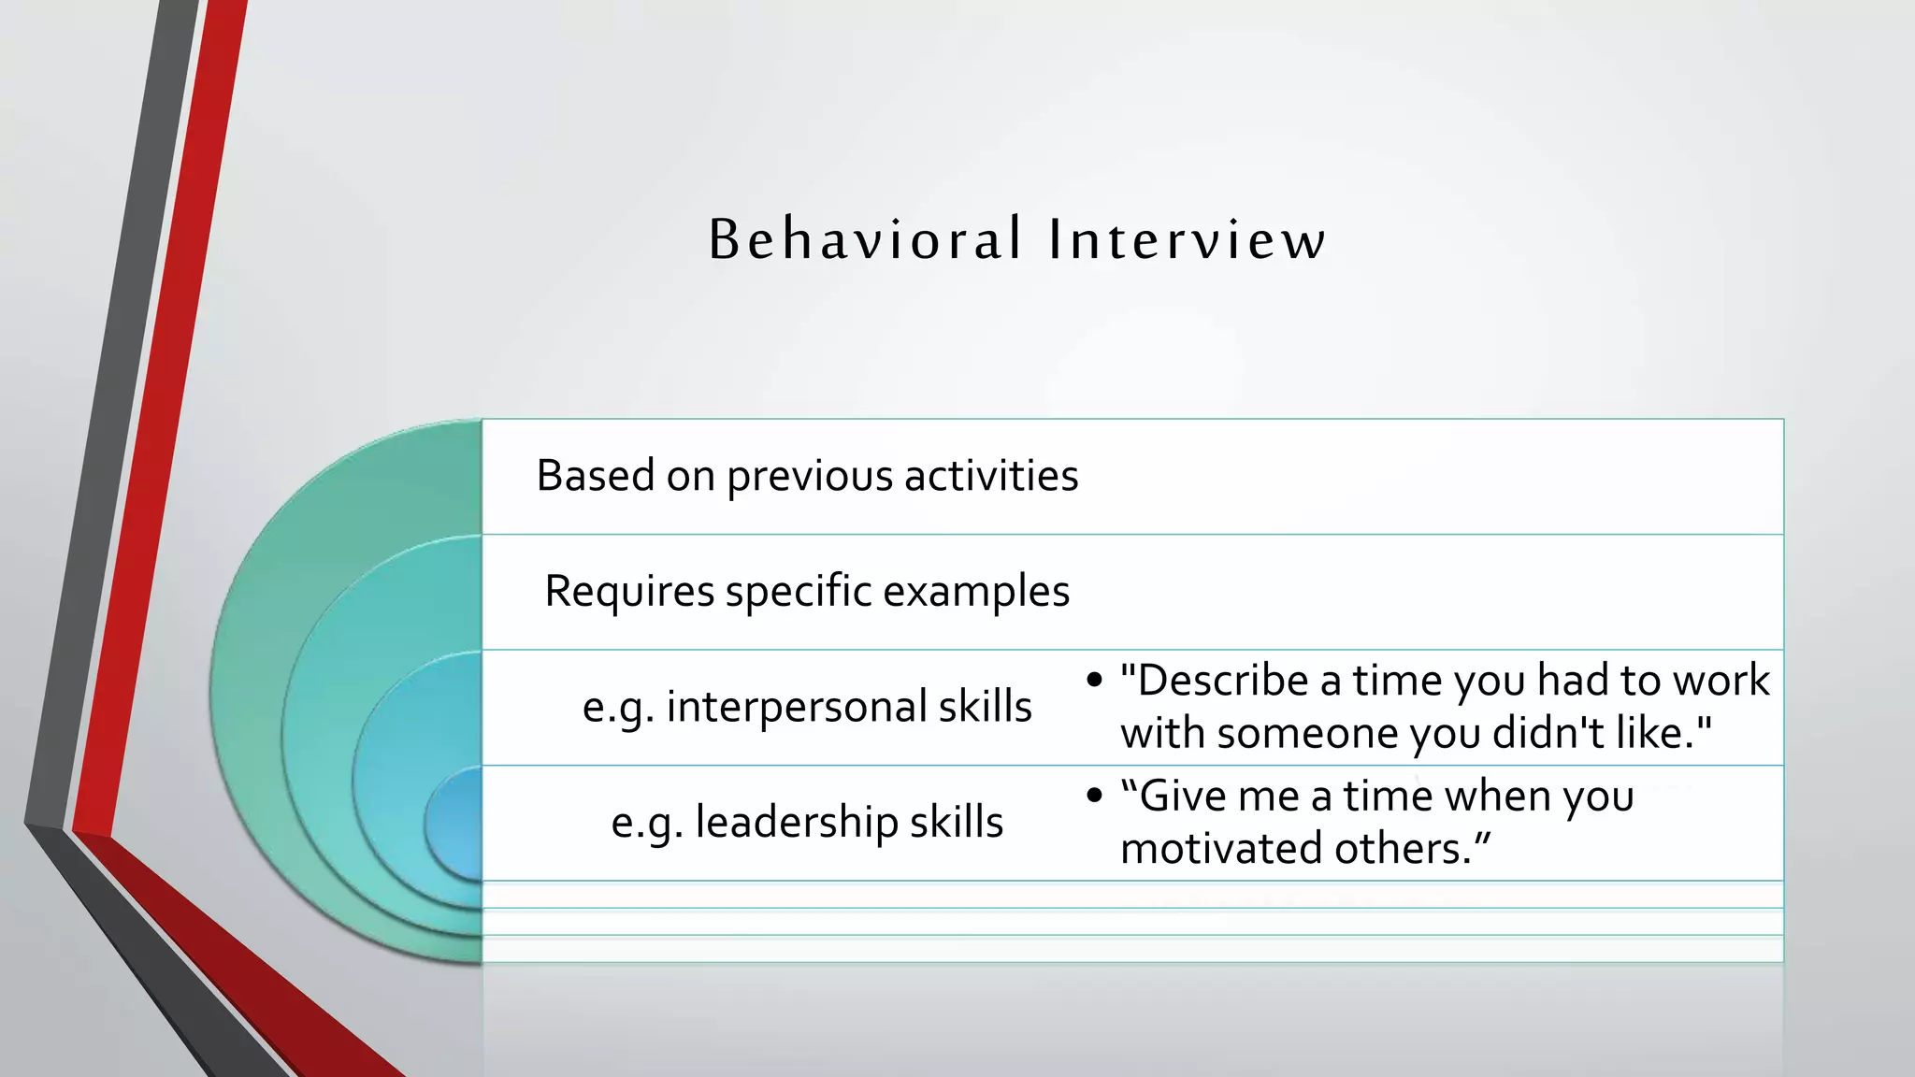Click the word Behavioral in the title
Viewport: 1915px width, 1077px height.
[x=865, y=239]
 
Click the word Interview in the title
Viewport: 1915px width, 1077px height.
[x=1186, y=239]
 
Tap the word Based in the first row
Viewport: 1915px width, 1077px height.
[x=595, y=476]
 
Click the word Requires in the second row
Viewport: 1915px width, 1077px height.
[x=629, y=592]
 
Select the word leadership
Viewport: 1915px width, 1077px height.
[x=796, y=823]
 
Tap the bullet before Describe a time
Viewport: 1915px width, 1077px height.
[x=1095, y=681]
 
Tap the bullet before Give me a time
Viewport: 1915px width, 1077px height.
[x=1095, y=797]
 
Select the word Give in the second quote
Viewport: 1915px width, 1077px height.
[x=1181, y=797]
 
